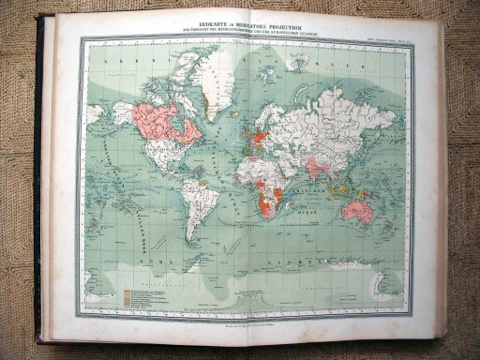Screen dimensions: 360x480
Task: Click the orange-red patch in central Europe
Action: pyautogui.click(x=255, y=131)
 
